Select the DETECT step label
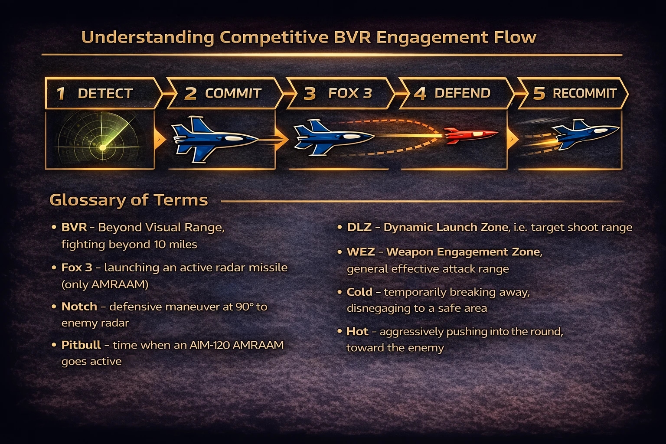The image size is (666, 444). pyautogui.click(x=105, y=94)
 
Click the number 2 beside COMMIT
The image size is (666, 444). pyautogui.click(x=190, y=94)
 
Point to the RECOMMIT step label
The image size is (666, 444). pyautogui.click(x=584, y=93)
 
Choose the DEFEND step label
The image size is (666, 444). pyautogui.click(x=462, y=93)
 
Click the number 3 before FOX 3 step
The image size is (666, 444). pyautogui.click(x=310, y=94)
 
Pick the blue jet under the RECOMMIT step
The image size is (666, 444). pyautogui.click(x=585, y=134)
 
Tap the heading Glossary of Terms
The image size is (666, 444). pyautogui.click(x=129, y=200)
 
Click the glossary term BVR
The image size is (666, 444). pyautogui.click(x=74, y=227)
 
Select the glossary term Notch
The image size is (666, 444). pyautogui.click(x=79, y=307)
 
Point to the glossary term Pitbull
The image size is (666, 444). pyautogui.click(x=81, y=345)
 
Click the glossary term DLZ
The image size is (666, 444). pyautogui.click(x=359, y=227)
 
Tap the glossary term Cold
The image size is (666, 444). pyautogui.click(x=359, y=292)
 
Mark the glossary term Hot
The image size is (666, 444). pyautogui.click(x=357, y=332)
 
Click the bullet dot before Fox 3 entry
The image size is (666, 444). pyautogui.click(x=54, y=268)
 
